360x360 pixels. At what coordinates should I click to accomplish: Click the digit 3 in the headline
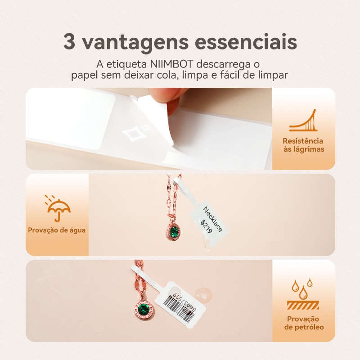coord(69,41)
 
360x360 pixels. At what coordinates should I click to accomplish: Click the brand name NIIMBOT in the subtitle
coord(171,64)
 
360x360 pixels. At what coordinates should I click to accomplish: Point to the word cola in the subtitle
coord(167,75)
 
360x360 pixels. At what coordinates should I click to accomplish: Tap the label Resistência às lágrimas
coord(303,145)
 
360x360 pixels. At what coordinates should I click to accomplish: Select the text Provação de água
coord(57,230)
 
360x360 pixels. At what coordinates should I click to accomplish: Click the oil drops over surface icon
coord(303,294)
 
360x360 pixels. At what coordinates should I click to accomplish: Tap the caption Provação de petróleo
coord(304,323)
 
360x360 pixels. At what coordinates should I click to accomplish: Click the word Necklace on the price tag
coord(213,219)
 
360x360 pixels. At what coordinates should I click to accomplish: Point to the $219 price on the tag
coord(206,227)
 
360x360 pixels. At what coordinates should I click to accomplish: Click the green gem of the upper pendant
coord(174,230)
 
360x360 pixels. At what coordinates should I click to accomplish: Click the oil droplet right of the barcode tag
coord(203,295)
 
